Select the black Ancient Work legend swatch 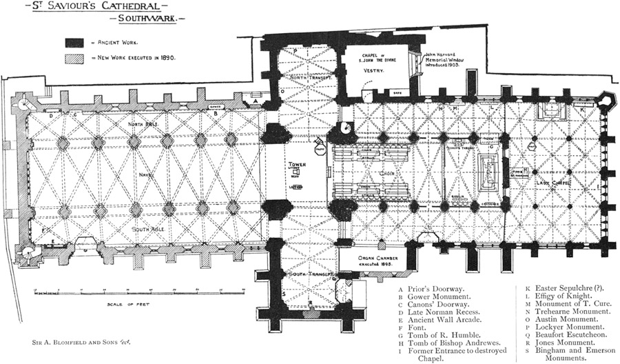point(74,42)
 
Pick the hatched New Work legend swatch point(74,59)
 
